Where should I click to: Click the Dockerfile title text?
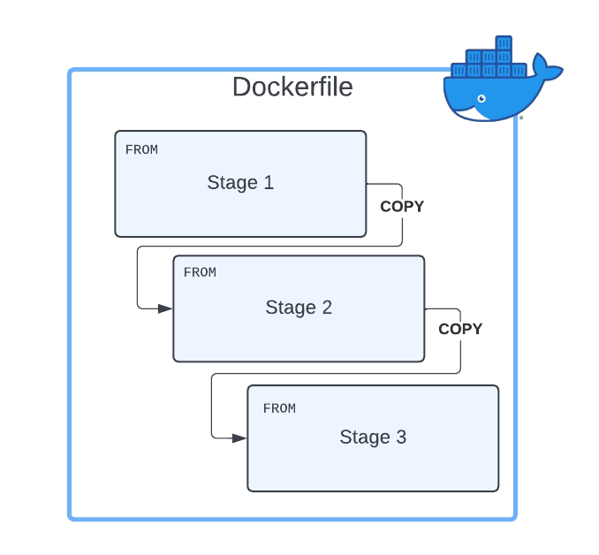(292, 87)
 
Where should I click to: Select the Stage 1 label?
(240, 183)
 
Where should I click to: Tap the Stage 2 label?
(299, 308)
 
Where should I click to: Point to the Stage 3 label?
(373, 437)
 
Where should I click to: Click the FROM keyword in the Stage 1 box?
(141, 150)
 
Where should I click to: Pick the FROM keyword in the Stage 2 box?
(200, 272)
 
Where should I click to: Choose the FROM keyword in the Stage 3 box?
(279, 408)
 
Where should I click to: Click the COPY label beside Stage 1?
(402, 207)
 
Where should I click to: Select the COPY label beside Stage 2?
(460, 329)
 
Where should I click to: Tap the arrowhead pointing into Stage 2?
(165, 308)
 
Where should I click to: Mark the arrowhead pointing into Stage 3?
(239, 437)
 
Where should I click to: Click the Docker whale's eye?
(481, 98)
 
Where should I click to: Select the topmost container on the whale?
(504, 42)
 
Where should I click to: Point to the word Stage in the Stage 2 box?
(288, 308)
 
